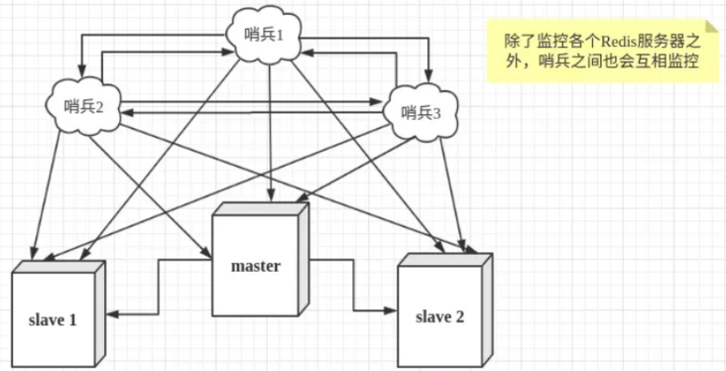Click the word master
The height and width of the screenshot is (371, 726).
pyautogui.click(x=256, y=266)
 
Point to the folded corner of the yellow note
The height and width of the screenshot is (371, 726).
pyautogui.click(x=705, y=27)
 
